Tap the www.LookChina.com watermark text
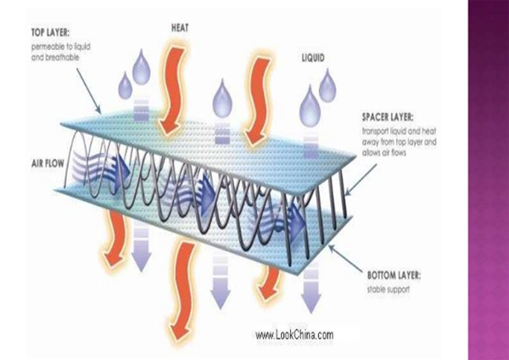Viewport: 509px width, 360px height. [x=294, y=335]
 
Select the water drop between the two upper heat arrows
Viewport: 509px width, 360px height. [x=221, y=94]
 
